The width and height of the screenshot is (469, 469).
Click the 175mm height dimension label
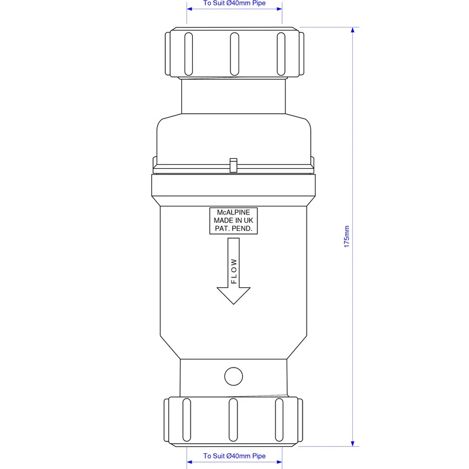[x=346, y=236]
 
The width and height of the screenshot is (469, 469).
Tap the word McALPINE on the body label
[x=233, y=212]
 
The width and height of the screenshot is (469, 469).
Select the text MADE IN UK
[x=233, y=220]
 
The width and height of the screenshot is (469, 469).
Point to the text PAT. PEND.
[x=233, y=229]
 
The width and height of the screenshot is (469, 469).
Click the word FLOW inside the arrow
[x=234, y=271]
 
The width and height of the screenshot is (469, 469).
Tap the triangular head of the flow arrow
[x=233, y=295]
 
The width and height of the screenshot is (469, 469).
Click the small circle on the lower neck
[x=233, y=376]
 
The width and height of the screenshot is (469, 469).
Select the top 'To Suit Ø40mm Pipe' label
[x=235, y=3]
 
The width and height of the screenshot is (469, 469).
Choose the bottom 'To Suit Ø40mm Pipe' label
[x=235, y=456]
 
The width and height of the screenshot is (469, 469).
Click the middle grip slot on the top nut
[x=235, y=54]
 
